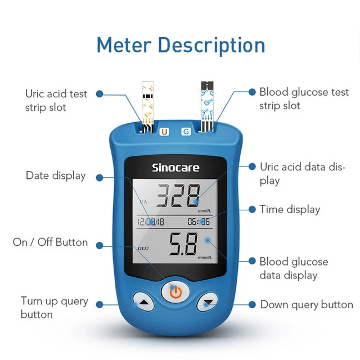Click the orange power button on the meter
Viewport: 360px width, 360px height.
click(x=175, y=292)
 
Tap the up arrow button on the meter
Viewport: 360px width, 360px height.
click(x=144, y=301)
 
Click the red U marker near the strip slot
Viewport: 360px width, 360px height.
click(x=164, y=132)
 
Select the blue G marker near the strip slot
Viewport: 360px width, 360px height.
click(x=186, y=132)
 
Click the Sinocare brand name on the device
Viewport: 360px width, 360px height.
click(x=175, y=168)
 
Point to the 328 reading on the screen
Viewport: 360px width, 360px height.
click(x=178, y=196)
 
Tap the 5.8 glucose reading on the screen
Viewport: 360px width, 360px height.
click(x=183, y=244)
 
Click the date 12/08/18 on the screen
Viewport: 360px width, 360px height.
click(x=151, y=222)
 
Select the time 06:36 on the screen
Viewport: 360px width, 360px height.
click(x=199, y=222)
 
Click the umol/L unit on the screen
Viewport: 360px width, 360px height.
click(x=205, y=211)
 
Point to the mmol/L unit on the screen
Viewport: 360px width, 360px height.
click(x=205, y=258)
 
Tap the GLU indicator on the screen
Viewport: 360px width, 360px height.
click(x=143, y=249)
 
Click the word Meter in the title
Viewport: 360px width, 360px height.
click(x=124, y=45)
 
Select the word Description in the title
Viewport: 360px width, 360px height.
click(x=211, y=46)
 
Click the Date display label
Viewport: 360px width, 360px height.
click(x=56, y=176)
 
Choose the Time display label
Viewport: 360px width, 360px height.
click(x=290, y=210)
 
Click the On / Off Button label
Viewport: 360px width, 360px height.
click(x=50, y=242)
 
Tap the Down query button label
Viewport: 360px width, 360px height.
click(x=307, y=305)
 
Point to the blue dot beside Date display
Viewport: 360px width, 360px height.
click(x=100, y=178)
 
